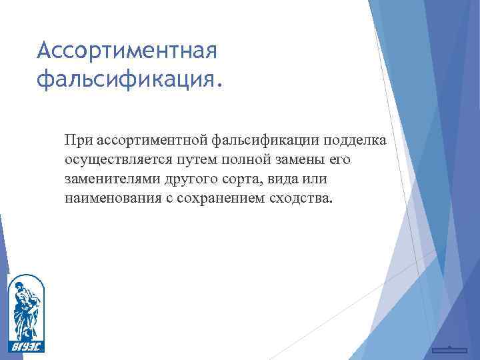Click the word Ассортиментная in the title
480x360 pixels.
(127, 50)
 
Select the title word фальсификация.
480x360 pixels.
(127, 79)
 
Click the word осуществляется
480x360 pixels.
(117, 160)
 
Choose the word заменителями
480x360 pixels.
(109, 179)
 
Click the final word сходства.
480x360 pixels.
(297, 199)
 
